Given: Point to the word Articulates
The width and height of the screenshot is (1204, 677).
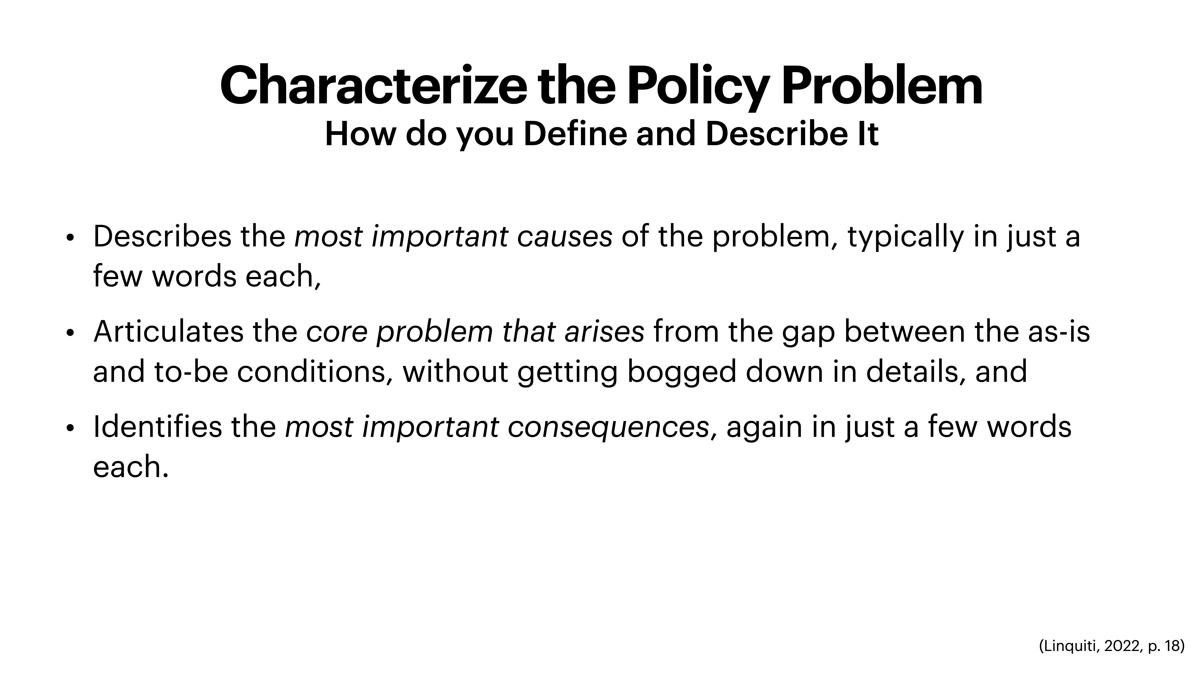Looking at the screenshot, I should click(x=168, y=332).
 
